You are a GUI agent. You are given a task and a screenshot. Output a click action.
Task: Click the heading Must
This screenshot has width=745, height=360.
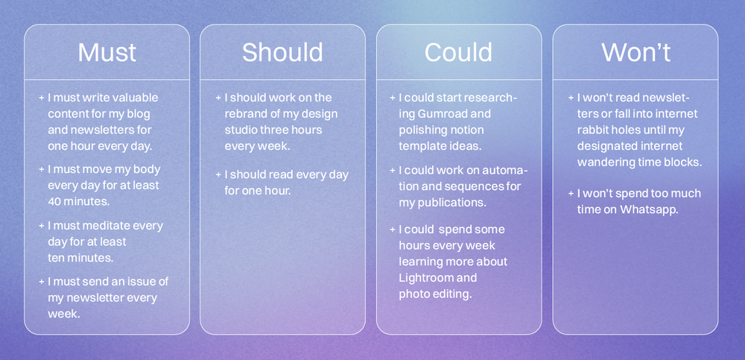(107, 52)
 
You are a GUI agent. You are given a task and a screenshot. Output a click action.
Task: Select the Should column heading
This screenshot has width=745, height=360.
(282, 52)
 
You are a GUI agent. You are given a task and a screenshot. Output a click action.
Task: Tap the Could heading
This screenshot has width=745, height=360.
(458, 52)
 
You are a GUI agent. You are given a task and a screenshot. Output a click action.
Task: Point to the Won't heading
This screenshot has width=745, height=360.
(635, 52)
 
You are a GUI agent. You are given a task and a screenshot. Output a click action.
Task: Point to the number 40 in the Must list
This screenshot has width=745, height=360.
(57, 201)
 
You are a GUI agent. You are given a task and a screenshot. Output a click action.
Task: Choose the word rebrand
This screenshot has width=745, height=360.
(247, 114)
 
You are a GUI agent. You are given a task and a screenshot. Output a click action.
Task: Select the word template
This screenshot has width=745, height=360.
(422, 146)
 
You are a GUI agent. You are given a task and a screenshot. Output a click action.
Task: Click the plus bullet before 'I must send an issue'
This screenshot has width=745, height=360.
(41, 282)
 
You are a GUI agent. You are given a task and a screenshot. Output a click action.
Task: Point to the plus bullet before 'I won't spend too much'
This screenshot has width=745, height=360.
(570, 194)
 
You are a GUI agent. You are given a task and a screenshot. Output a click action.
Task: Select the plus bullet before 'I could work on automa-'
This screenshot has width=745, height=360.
(393, 170)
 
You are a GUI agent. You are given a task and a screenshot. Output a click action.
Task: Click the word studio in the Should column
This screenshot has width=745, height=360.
(243, 130)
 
